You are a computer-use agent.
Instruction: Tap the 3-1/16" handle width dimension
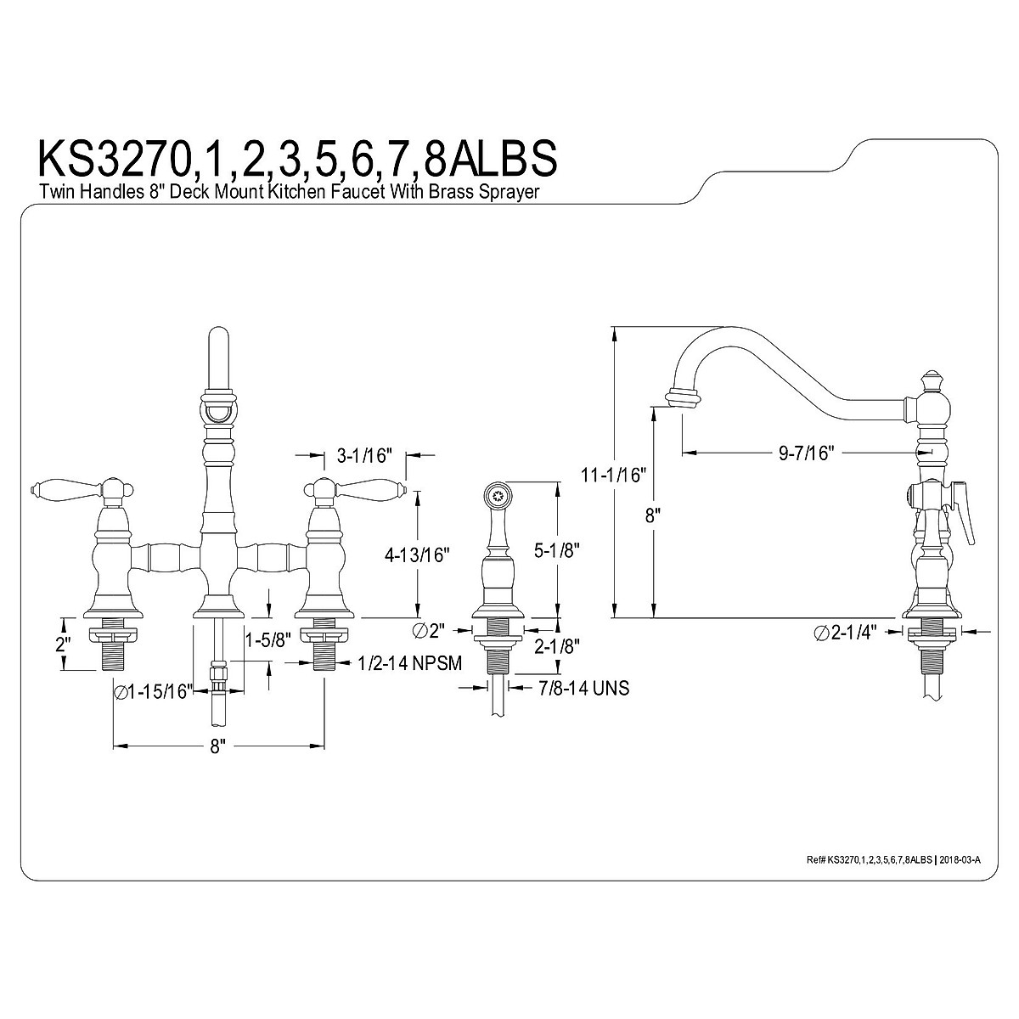click(x=363, y=457)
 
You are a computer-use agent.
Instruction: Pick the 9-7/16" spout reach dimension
click(x=808, y=453)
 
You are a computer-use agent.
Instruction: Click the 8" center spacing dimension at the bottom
click(x=217, y=747)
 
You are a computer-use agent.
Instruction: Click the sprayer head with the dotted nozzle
click(x=495, y=492)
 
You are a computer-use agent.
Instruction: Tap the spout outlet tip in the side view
click(x=683, y=397)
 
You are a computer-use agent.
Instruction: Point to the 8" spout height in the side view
click(x=653, y=516)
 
